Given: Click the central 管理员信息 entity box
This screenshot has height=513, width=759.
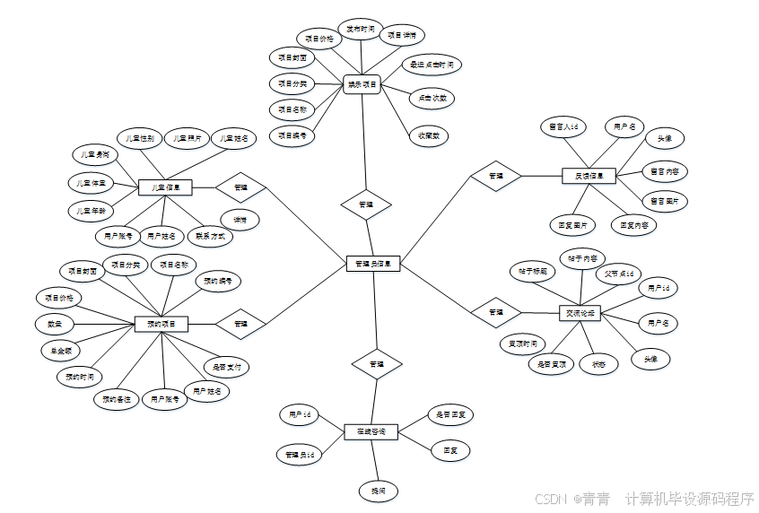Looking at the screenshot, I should [x=372, y=264].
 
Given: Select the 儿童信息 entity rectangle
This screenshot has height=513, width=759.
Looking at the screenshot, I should [x=166, y=187].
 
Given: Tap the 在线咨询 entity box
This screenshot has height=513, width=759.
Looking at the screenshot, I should [x=371, y=431].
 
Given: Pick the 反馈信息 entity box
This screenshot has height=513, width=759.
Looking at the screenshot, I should [x=589, y=176].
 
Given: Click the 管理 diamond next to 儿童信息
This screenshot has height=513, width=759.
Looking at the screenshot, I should [x=241, y=187].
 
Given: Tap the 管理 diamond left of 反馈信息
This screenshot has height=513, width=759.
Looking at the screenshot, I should [x=496, y=176].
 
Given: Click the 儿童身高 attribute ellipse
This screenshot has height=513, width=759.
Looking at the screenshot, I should [x=94, y=154].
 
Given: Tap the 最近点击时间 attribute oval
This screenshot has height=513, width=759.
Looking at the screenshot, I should [x=432, y=65].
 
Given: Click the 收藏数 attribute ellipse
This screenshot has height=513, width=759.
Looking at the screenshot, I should [x=429, y=136].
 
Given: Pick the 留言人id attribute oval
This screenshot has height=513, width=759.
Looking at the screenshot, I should [x=563, y=127].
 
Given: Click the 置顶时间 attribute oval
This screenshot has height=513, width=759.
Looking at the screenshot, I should [x=523, y=343].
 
